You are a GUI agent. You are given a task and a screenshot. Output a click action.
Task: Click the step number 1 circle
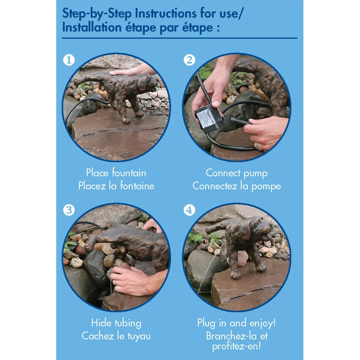coord(69,60)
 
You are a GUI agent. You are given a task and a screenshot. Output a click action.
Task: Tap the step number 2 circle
coord(189,60)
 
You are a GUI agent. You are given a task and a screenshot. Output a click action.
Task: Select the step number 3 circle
coord(69,210)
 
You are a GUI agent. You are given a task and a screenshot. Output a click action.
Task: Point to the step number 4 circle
coord(189,210)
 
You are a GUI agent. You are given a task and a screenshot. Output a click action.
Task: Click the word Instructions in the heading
coord(165,13)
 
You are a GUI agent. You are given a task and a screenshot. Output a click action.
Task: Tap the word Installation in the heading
coord(92,27)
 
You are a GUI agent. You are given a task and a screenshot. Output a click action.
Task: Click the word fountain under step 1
coord(129,172)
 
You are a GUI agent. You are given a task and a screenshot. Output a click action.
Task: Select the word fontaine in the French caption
coord(137,186)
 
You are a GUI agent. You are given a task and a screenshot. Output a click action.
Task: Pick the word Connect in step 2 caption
coord(223,172)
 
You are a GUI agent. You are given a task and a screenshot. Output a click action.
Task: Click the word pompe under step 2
coord(266,186)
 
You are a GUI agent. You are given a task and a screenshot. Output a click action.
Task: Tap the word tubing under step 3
coord(128,323)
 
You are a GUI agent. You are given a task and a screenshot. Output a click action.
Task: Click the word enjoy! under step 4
coord(262,323)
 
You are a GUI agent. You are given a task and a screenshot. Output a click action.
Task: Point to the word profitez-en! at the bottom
coord(237,346)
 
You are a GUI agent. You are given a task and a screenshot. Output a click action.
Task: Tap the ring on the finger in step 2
coord(258,146)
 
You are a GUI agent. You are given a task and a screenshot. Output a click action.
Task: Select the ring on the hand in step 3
coord(116,282)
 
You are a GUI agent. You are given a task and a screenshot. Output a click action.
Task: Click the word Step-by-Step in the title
coord(97,13)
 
